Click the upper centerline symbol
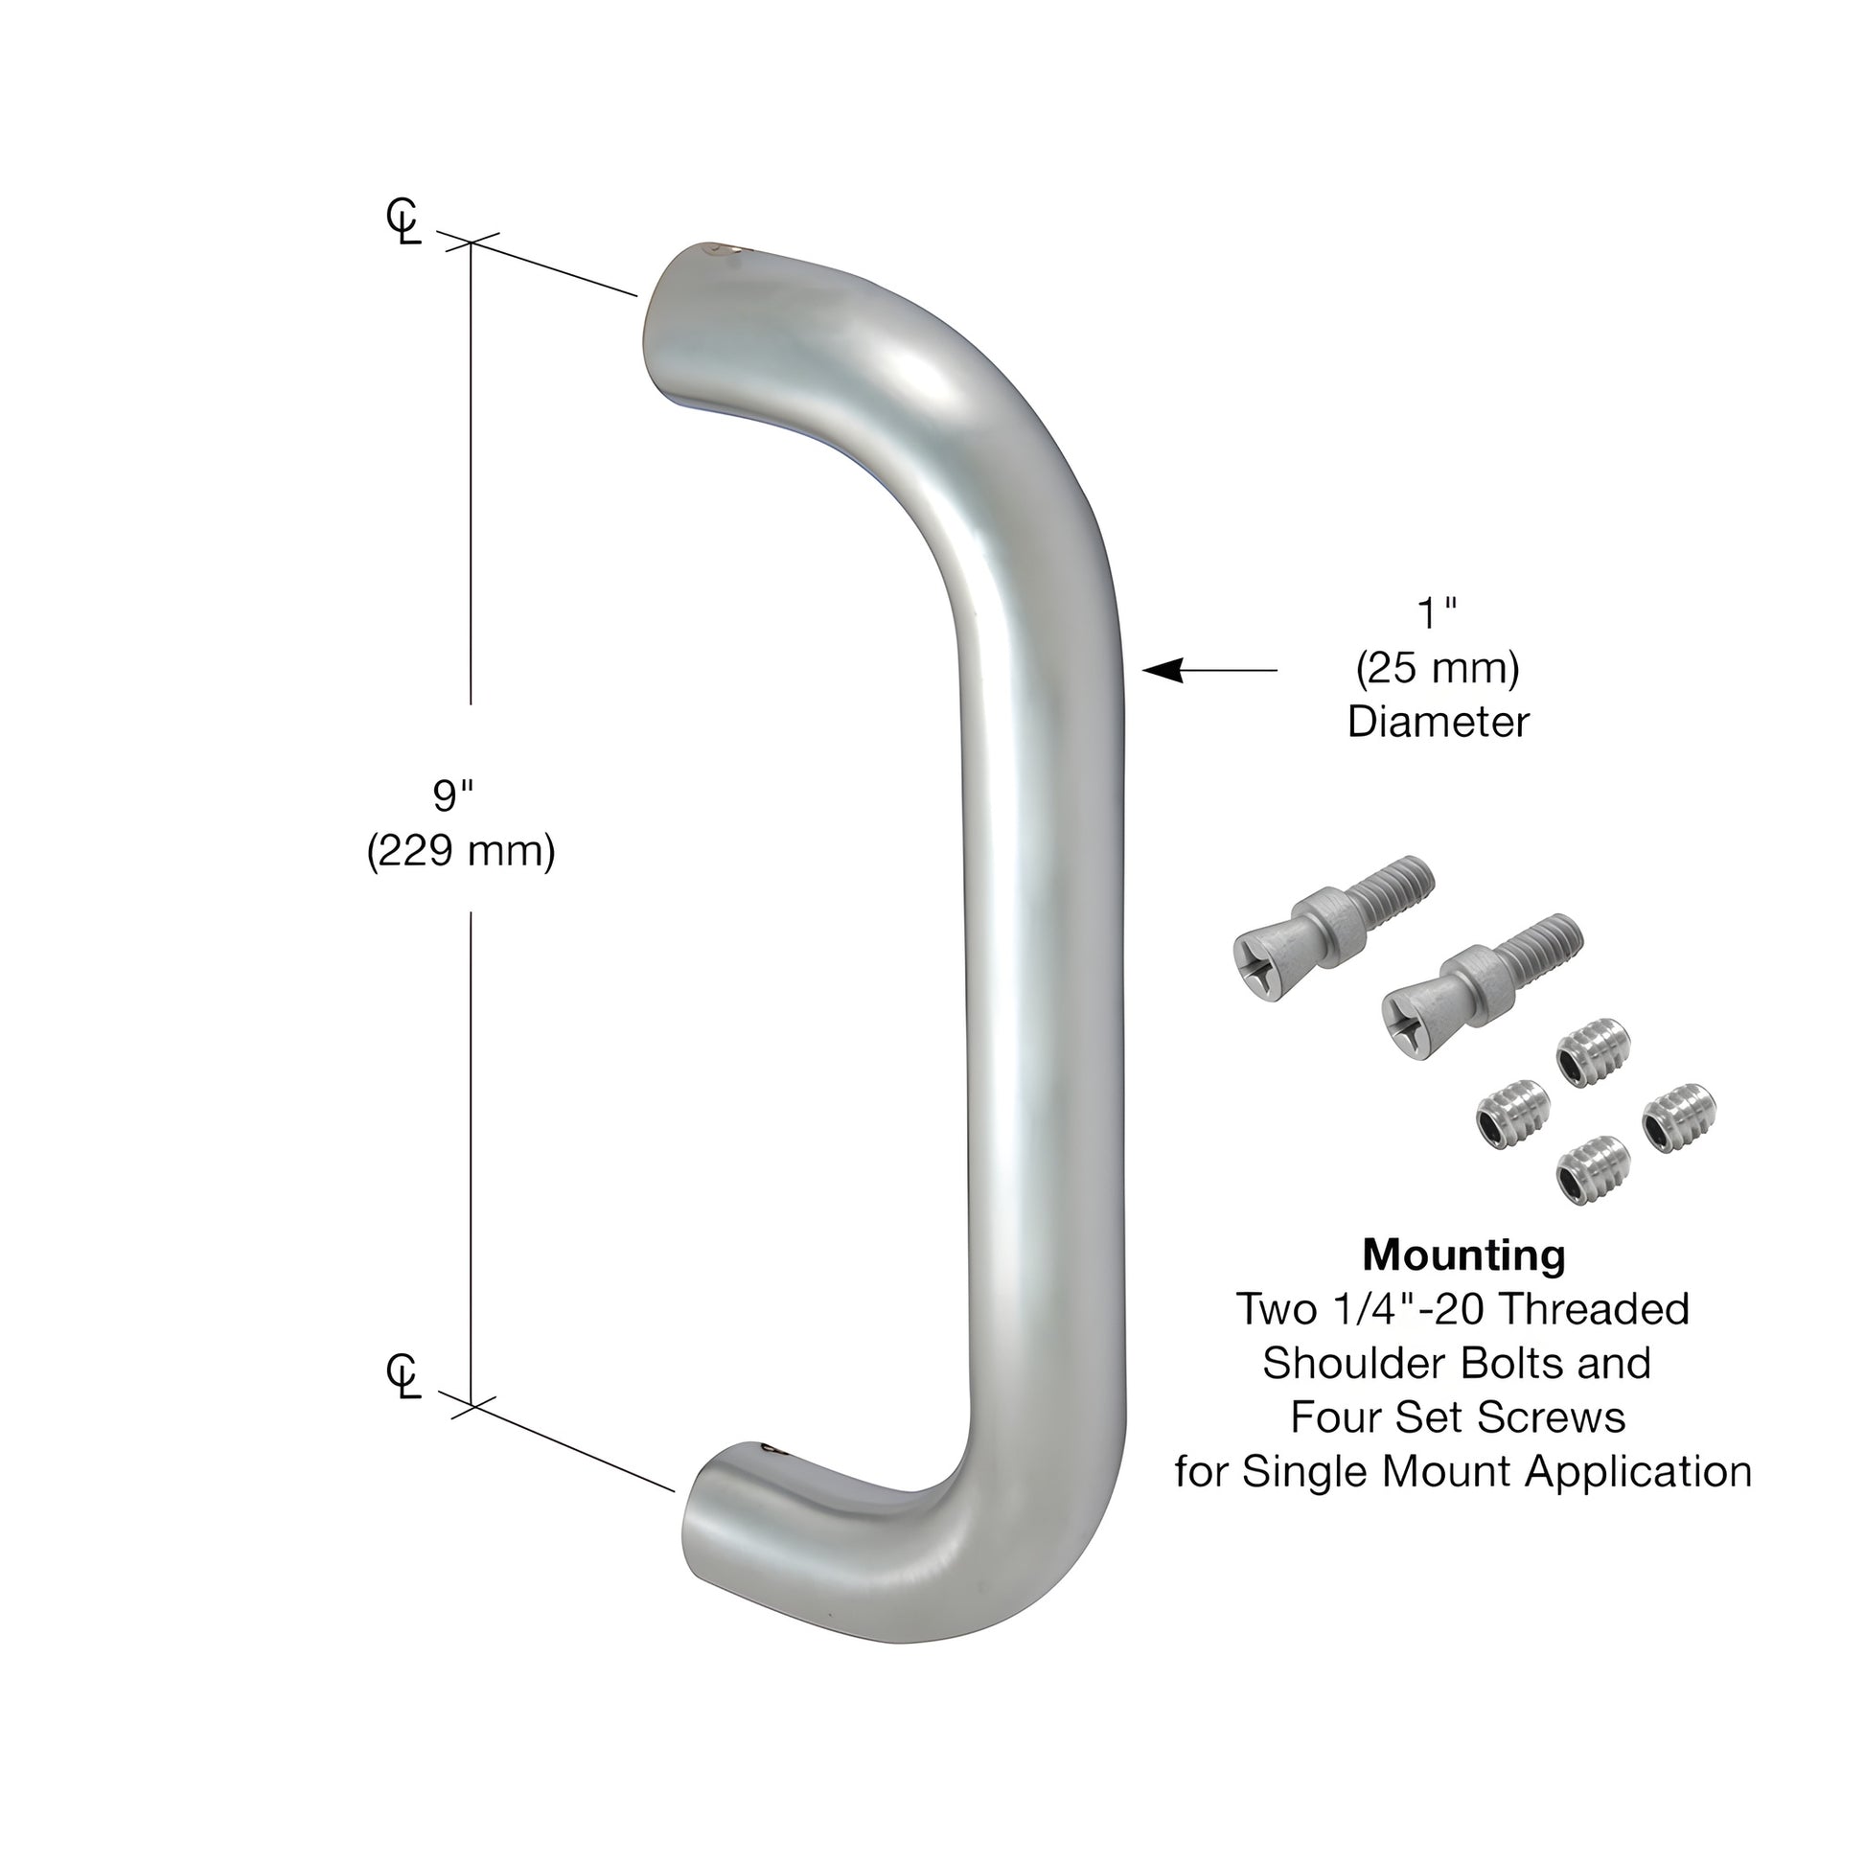tap(403, 222)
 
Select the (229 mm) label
tap(460, 851)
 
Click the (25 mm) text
tap(1438, 668)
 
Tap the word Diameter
tap(1438, 722)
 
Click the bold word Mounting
tap(1462, 1255)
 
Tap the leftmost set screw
tap(1512, 1115)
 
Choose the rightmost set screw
tap(1680, 1117)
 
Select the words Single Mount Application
tap(1496, 1472)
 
